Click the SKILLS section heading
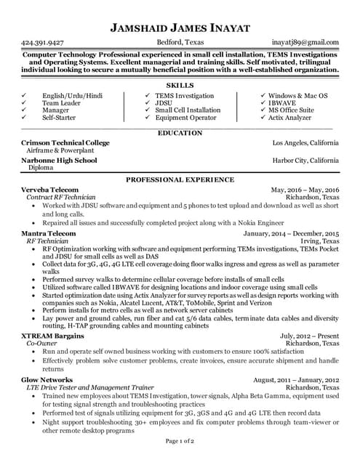click(180, 86)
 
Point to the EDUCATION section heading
click(180, 133)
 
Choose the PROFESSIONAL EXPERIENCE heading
click(180, 178)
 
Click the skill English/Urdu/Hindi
click(72, 96)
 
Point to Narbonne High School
click(59, 160)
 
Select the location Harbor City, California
click(305, 160)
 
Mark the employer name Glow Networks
click(47, 380)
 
